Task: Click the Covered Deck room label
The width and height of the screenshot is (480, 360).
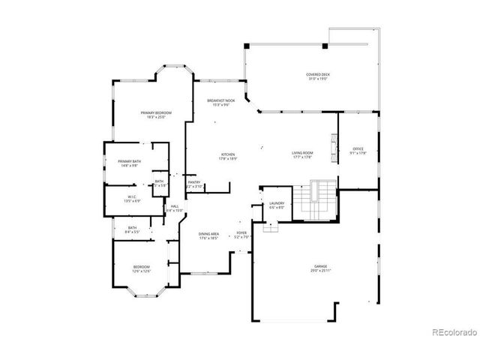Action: [318, 74]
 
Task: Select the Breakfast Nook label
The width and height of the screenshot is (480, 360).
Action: [222, 100]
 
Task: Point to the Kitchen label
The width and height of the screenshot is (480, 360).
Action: [228, 154]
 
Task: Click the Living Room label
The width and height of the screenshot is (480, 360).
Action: [302, 153]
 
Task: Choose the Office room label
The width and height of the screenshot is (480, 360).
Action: [358, 149]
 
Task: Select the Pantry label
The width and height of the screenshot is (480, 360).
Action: [193, 181]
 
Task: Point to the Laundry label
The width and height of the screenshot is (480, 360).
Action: [275, 203]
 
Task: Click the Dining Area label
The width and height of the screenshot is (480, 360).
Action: [209, 234]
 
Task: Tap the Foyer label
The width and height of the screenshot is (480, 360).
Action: [241, 233]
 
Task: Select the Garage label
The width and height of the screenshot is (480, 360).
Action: [321, 266]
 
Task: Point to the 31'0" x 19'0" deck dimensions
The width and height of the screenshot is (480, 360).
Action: [318, 79]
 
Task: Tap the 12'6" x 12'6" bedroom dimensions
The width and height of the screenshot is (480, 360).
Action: [142, 271]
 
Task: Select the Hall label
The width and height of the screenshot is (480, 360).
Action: [174, 205]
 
